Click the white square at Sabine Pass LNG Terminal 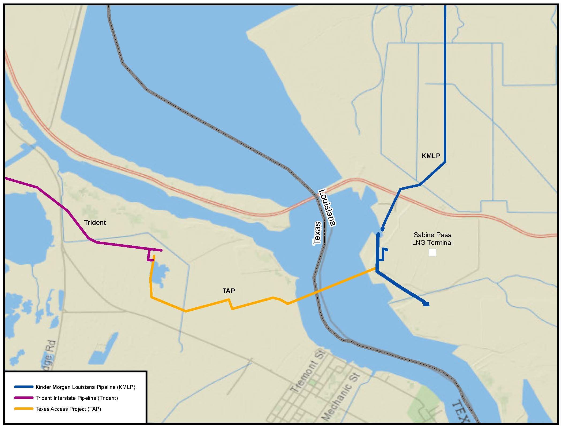pos(432,253)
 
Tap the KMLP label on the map pos(431,156)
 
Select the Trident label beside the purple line pos(95,222)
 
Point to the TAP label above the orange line pos(229,291)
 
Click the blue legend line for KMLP pos(24,387)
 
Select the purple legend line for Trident pos(24,398)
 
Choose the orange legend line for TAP pos(24,409)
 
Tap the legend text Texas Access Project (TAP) pos(68,409)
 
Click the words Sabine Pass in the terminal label pos(432,235)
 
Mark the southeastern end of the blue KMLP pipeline pos(427,304)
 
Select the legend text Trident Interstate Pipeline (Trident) pos(77,398)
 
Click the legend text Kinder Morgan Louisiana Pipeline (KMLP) pos(85,387)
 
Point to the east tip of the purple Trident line pos(161,250)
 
